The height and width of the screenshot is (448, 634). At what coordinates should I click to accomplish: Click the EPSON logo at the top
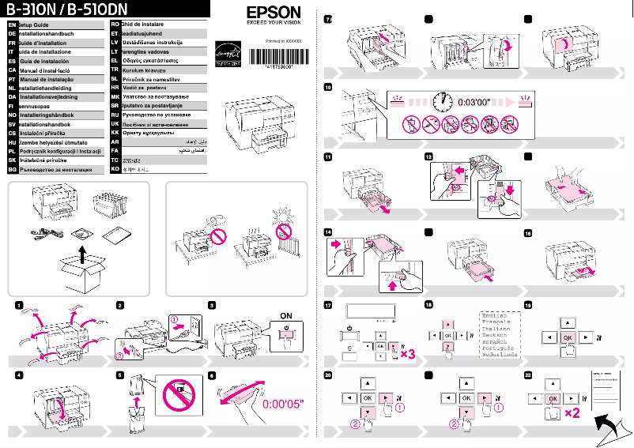point(274,13)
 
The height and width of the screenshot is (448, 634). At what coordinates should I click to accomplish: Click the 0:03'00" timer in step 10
point(474,103)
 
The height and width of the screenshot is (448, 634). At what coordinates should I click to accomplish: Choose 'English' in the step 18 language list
point(497,314)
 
